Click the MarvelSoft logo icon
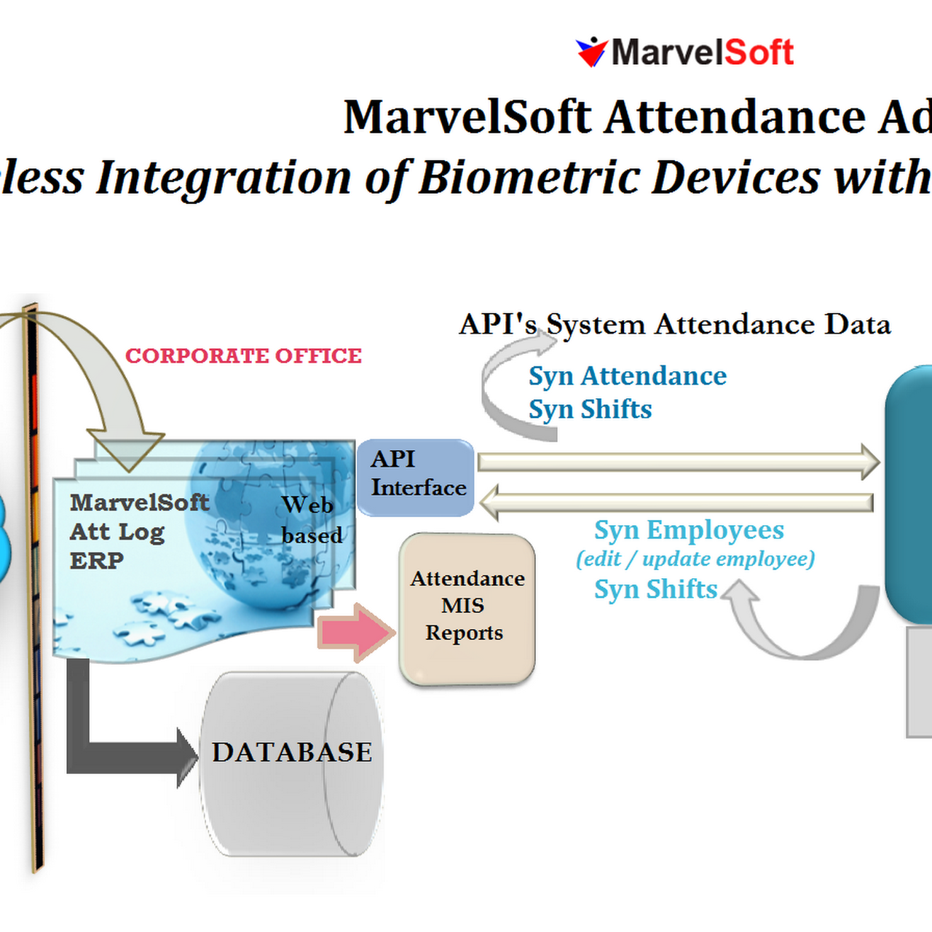coord(591,52)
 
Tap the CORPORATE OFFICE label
coord(243,356)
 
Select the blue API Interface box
coord(416,477)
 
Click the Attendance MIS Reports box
coord(467,608)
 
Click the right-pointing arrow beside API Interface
coord(677,462)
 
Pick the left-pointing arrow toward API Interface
coord(677,502)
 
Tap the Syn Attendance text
coord(627,376)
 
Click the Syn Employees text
coord(689,530)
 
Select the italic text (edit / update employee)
coord(695,559)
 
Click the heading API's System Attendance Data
coord(674,325)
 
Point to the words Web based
coord(311,520)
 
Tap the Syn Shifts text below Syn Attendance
coord(590,409)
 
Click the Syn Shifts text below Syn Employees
coord(655,589)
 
